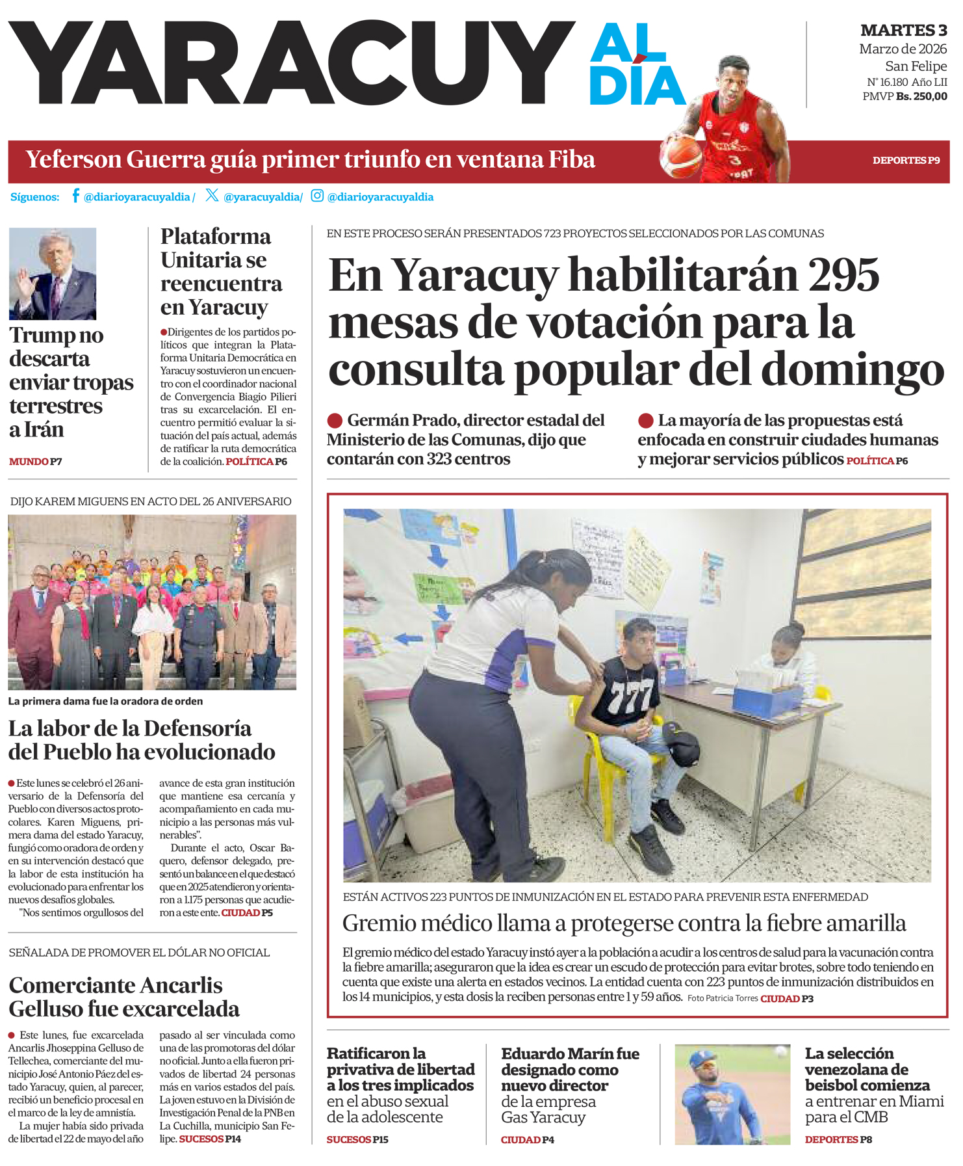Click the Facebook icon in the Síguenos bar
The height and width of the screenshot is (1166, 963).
click(x=75, y=196)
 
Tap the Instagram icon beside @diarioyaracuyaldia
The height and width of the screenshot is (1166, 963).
click(x=317, y=196)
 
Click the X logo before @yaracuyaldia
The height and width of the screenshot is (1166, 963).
click(x=212, y=195)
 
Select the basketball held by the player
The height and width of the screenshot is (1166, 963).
click(x=681, y=157)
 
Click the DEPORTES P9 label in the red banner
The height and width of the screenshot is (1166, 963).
click(x=906, y=161)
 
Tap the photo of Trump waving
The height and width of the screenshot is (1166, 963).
click(x=53, y=274)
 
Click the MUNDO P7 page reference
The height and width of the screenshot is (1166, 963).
click(x=36, y=462)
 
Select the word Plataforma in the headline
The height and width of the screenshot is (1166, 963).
click(x=216, y=236)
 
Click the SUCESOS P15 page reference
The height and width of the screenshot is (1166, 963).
click(x=357, y=1139)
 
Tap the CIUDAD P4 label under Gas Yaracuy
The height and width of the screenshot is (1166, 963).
click(x=528, y=1139)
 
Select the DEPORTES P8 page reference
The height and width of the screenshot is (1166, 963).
click(x=838, y=1139)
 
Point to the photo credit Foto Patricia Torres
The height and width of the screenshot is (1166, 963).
click(x=723, y=998)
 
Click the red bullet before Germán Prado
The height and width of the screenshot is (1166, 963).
click(x=335, y=421)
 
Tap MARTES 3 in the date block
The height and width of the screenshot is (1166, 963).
click(x=903, y=31)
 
